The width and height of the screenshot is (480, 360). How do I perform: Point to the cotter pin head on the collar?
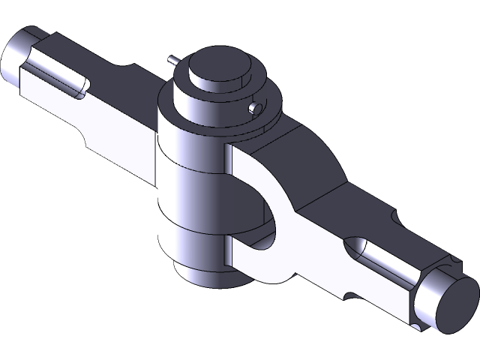coord(256,108)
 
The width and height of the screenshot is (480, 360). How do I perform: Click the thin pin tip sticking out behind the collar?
coord(173,59)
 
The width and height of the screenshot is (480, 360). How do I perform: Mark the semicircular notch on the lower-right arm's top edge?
coord(394,217)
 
